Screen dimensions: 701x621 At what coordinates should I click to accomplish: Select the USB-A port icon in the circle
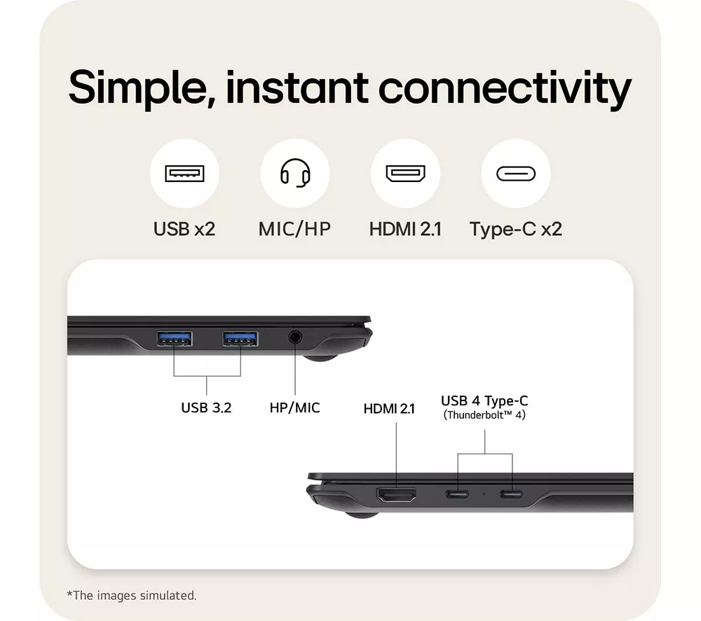point(184,173)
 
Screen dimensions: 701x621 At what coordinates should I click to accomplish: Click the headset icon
point(295,173)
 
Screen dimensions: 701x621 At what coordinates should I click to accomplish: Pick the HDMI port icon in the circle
point(405,173)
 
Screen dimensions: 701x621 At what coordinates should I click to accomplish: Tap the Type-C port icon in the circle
point(516,174)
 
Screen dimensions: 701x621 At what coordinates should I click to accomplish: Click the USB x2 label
point(184,229)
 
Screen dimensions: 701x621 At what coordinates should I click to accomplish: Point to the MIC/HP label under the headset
point(294,229)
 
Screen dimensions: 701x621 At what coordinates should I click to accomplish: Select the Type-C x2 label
point(516,230)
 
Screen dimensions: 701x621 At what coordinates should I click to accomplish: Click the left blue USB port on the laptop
point(175,339)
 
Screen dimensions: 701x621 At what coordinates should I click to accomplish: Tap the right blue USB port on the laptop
point(240,339)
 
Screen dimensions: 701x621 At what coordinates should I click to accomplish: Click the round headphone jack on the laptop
point(294,337)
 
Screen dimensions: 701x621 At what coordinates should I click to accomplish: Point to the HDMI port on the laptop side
point(397,494)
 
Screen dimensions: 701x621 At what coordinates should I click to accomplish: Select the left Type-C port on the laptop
point(457,494)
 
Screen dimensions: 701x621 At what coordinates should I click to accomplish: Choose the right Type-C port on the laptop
point(512,494)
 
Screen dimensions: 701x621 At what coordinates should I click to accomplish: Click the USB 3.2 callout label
point(206,407)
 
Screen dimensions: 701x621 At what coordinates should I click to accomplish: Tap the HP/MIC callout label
point(294,407)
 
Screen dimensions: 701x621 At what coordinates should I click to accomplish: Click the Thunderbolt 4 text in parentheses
point(484,415)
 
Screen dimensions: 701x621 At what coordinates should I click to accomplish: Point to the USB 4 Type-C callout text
point(484,401)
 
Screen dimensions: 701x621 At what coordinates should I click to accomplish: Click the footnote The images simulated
point(132,596)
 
